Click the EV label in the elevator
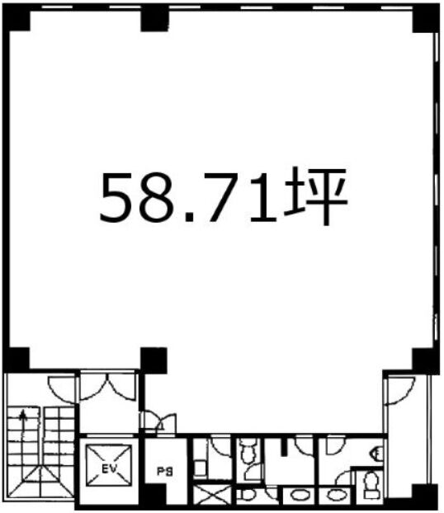click(x=109, y=469)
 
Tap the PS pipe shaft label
click(x=165, y=472)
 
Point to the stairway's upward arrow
click(x=23, y=423)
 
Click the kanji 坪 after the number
click(x=316, y=196)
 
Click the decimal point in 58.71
click(x=191, y=216)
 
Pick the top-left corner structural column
click(x=16, y=17)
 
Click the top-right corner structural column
click(x=426, y=18)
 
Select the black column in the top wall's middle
click(x=154, y=19)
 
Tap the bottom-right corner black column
click(x=425, y=496)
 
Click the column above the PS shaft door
click(x=154, y=360)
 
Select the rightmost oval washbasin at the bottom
click(x=334, y=494)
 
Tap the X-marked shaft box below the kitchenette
click(x=212, y=494)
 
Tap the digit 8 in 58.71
click(x=160, y=198)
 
